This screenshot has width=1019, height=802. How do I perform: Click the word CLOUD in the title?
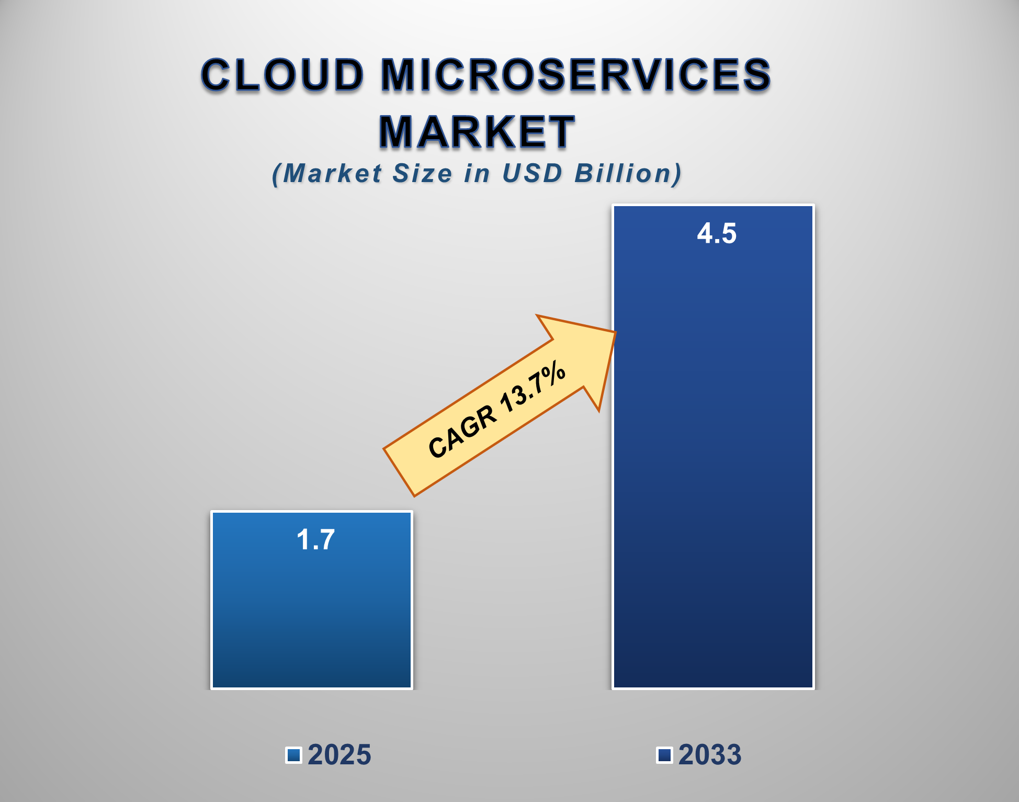pos(282,75)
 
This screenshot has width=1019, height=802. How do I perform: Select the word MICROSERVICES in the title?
pos(575,75)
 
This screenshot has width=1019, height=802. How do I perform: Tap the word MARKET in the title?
pos(477,132)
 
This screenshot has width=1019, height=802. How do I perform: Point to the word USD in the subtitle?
pos(532,173)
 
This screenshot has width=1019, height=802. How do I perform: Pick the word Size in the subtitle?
pos(422,173)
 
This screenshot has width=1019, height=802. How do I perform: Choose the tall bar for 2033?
pos(713,471)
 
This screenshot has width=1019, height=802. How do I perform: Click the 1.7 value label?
pos(315,539)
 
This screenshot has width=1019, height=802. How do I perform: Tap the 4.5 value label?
pos(717,233)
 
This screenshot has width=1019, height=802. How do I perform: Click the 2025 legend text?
pos(339,755)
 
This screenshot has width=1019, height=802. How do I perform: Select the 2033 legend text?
pos(710,755)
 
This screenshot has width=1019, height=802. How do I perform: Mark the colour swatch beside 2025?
pos(293,755)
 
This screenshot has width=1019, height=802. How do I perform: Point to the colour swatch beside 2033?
pos(664,755)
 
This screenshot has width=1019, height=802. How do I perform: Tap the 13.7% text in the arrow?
pos(532,387)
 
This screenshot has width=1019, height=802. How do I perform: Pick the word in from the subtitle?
pos(477,173)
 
